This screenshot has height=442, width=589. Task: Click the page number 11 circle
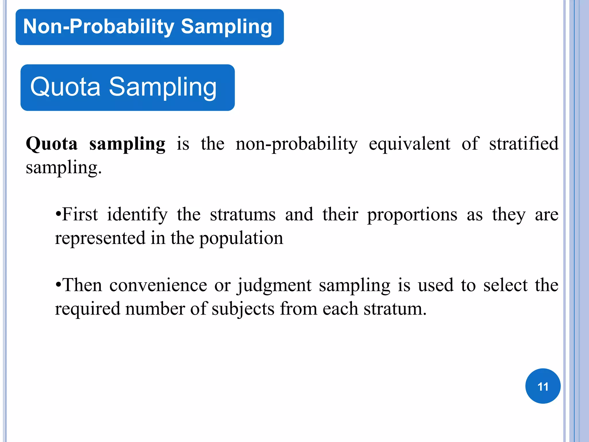[x=543, y=386]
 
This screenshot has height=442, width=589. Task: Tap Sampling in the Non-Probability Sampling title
[x=226, y=27]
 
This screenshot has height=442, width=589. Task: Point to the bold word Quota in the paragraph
[x=52, y=144]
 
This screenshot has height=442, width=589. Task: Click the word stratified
[x=524, y=144]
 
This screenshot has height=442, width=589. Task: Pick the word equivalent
[x=410, y=144]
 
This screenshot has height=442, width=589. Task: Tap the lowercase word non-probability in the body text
[x=297, y=144]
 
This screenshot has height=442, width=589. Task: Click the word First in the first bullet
[x=80, y=214]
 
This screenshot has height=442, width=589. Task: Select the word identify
[x=137, y=215]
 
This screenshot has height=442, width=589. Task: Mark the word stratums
[x=243, y=215]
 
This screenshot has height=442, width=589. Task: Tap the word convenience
[x=158, y=285]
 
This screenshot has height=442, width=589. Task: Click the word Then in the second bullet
[x=82, y=285]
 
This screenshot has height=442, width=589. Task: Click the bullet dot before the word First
[x=58, y=215]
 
